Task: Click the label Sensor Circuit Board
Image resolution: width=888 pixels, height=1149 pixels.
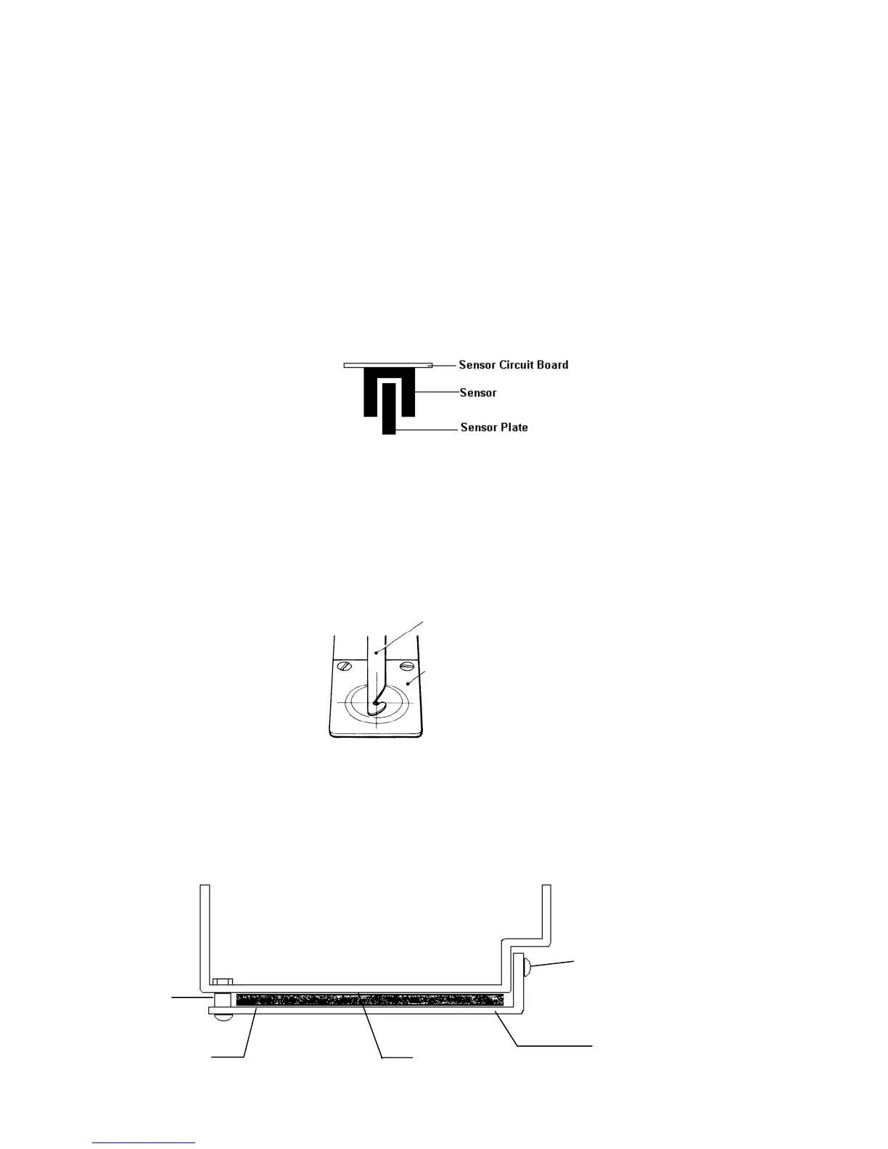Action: point(513,365)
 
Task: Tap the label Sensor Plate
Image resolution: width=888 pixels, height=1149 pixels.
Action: point(494,427)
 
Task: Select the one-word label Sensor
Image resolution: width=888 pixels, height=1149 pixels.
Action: point(478,393)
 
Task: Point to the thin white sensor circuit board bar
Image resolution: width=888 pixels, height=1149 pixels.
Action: point(387,365)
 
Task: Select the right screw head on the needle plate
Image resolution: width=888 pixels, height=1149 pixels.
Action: point(406,665)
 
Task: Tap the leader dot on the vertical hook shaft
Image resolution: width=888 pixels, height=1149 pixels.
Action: point(376,654)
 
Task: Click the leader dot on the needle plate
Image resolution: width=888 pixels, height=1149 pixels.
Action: point(408,683)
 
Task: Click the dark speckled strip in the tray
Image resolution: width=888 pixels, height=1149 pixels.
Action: point(370,1000)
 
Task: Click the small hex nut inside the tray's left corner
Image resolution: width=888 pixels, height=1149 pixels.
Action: point(220,983)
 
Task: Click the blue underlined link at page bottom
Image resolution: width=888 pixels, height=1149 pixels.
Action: point(144,1142)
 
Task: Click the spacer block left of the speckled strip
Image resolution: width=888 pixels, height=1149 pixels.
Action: point(223,1000)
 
